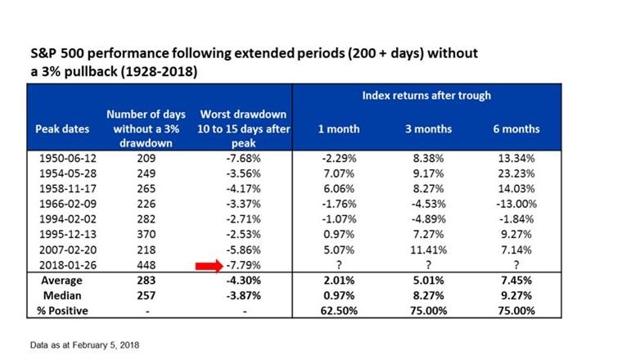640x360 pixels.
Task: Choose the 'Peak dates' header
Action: (x=58, y=128)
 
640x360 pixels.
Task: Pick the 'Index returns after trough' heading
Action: (x=426, y=96)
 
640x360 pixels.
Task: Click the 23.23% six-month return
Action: (x=515, y=173)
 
